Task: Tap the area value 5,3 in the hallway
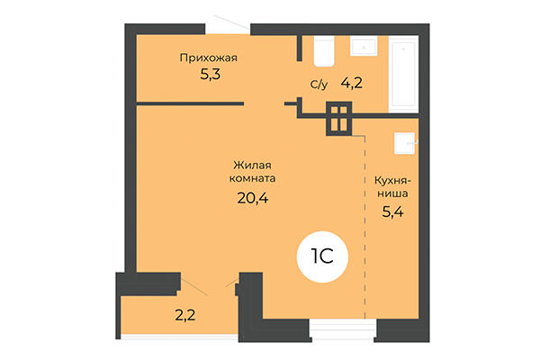coord(210,75)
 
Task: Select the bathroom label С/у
coord(319,85)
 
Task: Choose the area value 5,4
coord(392,215)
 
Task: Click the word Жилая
coord(252,165)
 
